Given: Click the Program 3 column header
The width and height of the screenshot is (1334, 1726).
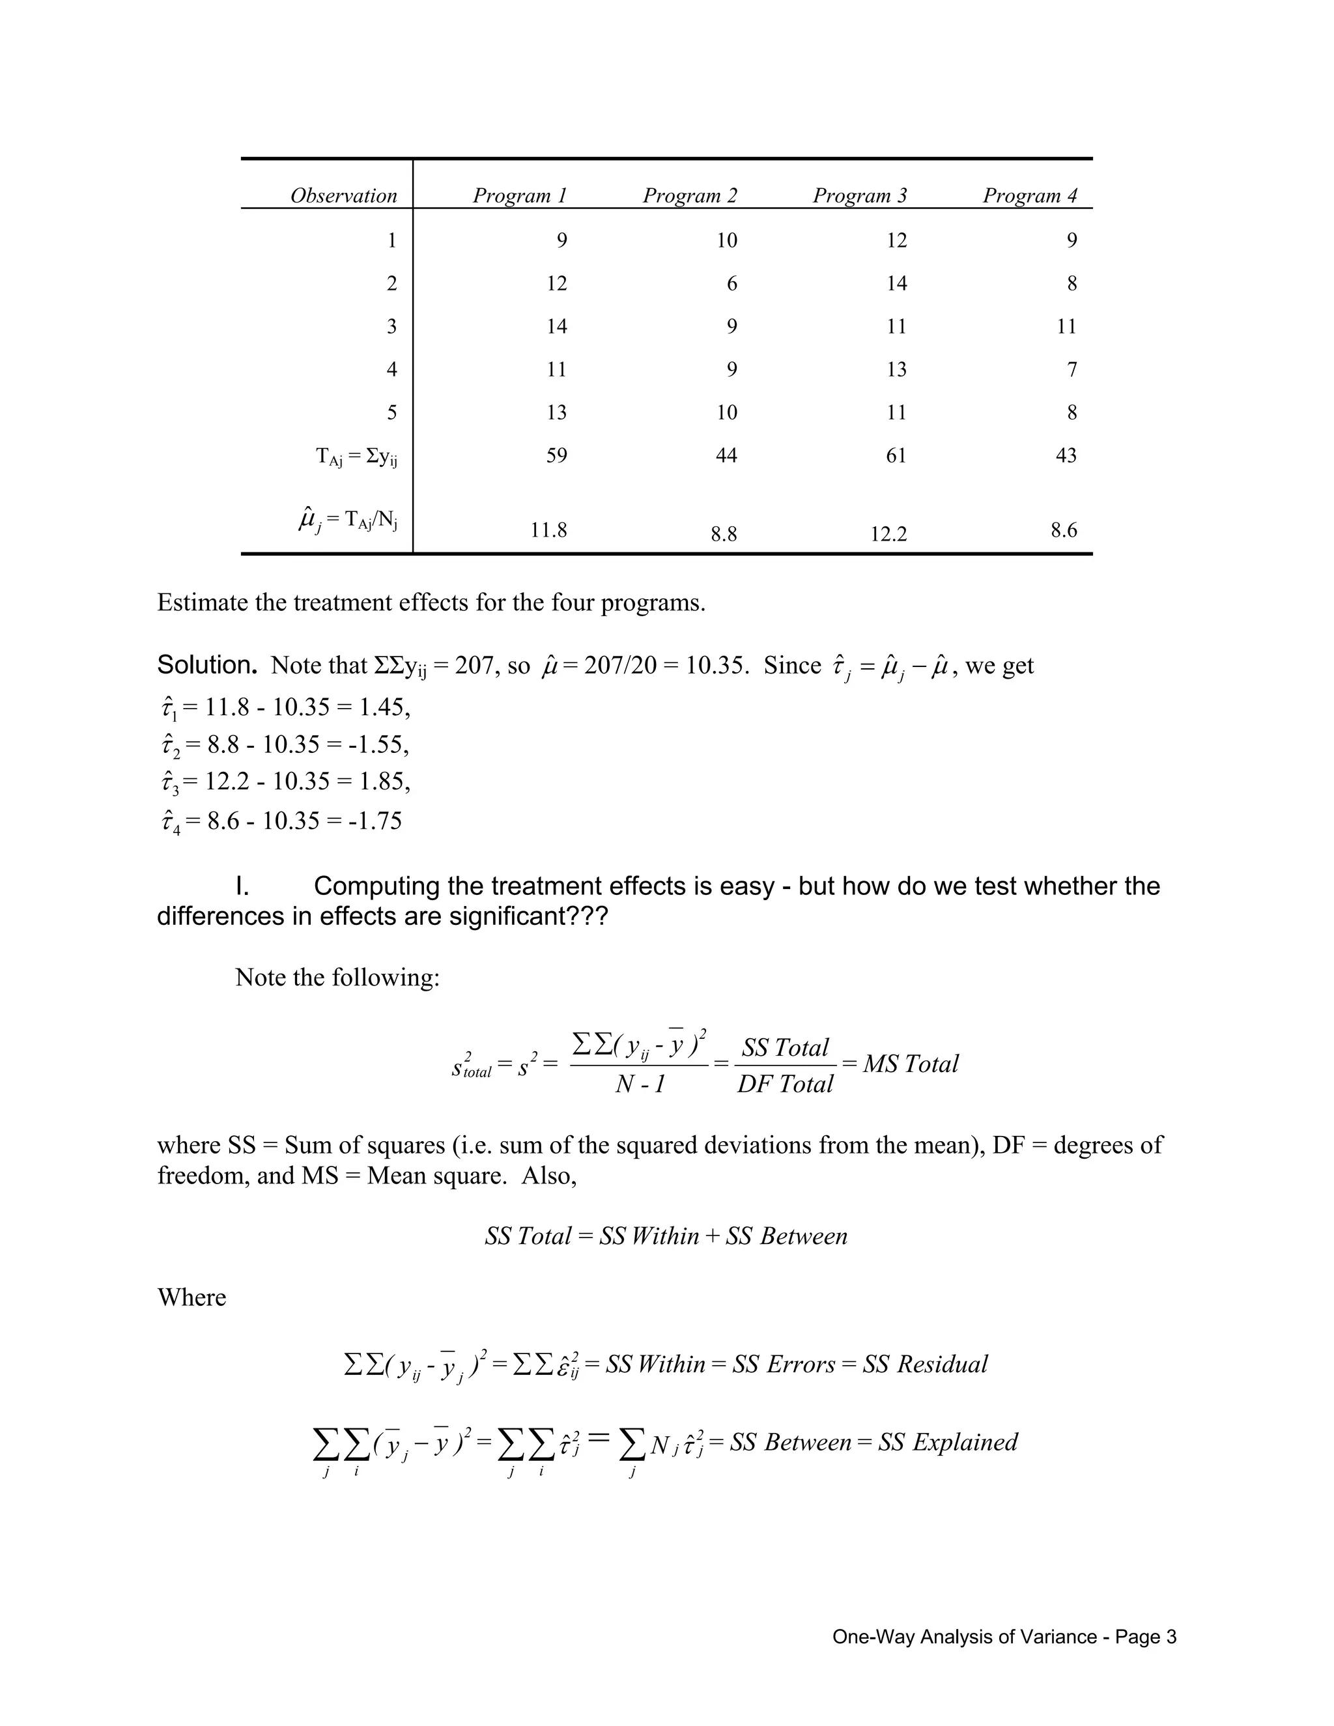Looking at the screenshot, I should click(860, 195).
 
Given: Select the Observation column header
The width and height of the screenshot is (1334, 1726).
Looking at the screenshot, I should click(343, 195).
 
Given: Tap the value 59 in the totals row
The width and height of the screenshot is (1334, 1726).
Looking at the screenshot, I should click(556, 455).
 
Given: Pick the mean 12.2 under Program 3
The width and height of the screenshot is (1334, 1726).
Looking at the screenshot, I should click(888, 534).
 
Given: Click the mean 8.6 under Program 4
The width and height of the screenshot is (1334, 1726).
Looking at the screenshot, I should click(1064, 530).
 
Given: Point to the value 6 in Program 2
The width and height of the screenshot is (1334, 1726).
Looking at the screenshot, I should click(731, 284).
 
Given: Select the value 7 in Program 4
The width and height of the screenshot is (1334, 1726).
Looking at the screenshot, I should click(1071, 369).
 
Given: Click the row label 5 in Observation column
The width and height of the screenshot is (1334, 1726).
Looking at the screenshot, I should click(391, 412).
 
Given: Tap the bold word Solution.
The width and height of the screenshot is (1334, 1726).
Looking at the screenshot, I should click(207, 666).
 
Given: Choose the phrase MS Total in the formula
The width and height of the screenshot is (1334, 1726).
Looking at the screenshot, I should click(911, 1064).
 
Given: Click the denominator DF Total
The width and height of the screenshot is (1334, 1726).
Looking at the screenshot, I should click(785, 1084).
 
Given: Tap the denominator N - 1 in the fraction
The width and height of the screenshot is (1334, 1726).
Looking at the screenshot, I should click(640, 1084).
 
